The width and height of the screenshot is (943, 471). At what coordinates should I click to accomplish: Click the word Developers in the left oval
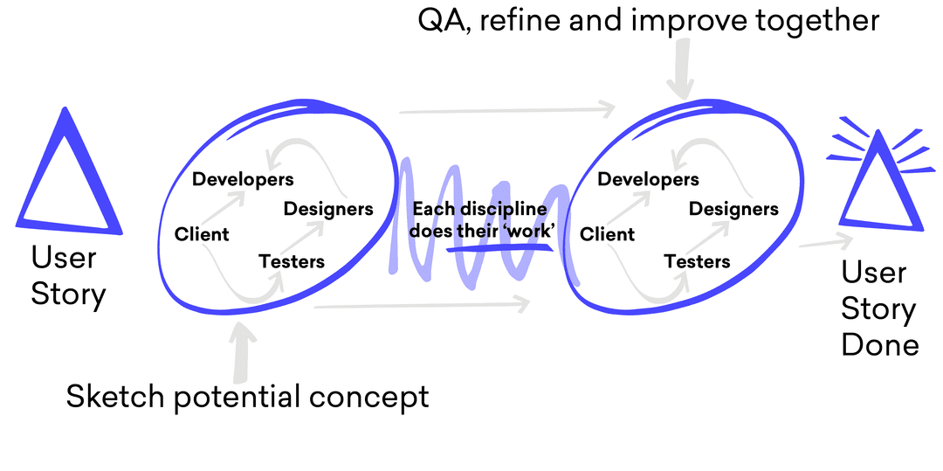tap(243, 179)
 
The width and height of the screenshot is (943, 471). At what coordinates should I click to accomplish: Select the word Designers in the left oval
tap(328, 210)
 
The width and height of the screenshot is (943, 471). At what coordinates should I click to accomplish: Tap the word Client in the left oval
tap(202, 234)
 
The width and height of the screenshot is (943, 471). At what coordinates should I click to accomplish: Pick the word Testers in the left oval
tap(292, 261)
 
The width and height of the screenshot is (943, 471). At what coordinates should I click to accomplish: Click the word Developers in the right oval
tap(648, 179)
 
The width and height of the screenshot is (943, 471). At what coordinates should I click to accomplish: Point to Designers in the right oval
tap(733, 210)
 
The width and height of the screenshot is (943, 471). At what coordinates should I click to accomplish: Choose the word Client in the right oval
tap(608, 234)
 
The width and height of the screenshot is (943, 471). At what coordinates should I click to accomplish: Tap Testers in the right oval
tap(697, 261)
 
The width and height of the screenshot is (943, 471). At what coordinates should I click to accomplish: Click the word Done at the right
tap(880, 345)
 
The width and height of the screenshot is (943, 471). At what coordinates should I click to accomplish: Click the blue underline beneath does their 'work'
tap(500, 246)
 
